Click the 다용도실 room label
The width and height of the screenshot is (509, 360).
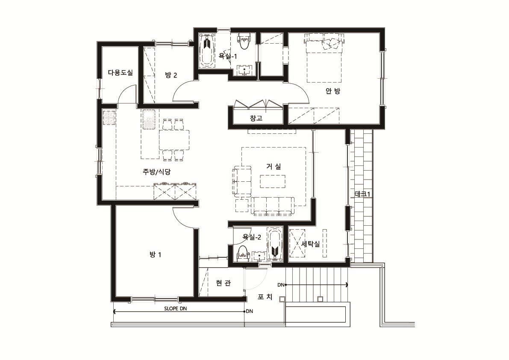121,73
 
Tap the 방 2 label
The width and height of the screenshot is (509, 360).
171,75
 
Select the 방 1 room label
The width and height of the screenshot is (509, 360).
155,254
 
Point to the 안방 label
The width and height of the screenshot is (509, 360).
333,91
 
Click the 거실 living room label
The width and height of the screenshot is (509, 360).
274,166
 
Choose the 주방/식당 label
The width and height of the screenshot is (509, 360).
156,172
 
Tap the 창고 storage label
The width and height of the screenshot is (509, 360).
256,118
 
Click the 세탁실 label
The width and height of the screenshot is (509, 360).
310,244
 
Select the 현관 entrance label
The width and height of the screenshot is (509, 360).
224,283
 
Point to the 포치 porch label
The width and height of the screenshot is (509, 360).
265,297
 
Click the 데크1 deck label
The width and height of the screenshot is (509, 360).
362,194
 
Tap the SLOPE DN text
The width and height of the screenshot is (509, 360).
175,308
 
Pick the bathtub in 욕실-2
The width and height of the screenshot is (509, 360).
275,244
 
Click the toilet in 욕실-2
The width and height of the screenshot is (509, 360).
242,253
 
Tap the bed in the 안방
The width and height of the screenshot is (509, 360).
324,58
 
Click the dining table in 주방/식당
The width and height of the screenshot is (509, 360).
174,140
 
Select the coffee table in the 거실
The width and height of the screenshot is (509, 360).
273,181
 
